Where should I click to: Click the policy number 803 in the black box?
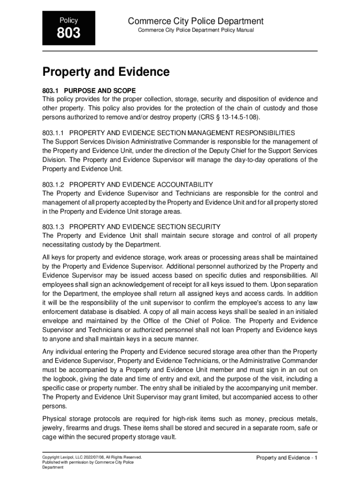click(x=69, y=34)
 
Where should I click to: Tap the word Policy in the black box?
click(x=69, y=21)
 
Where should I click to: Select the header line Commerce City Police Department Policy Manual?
click(x=195, y=30)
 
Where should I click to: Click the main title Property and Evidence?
click(x=106, y=72)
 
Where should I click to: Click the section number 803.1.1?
click(x=54, y=133)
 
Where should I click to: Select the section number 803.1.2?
click(x=54, y=184)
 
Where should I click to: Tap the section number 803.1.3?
click(x=54, y=227)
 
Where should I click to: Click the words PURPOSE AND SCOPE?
click(x=100, y=90)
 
